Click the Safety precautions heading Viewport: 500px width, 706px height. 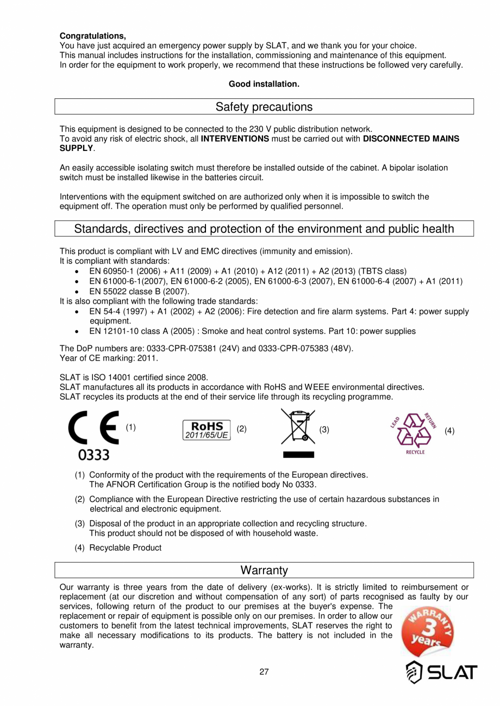pos(264,107)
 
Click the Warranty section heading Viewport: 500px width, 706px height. pos(264,570)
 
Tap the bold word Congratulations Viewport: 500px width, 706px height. pos(92,36)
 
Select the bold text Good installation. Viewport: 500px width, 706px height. pos(264,84)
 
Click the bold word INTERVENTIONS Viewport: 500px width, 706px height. pos(235,139)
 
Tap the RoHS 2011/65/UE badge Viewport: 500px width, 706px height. pos(206,429)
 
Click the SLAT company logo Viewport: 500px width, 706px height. pos(441,673)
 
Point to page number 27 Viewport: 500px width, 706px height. pos(264,672)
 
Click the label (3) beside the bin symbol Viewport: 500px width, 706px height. pos(324,430)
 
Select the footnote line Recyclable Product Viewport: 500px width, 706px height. pos(125,547)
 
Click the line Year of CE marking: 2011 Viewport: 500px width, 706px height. pos(109,358)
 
